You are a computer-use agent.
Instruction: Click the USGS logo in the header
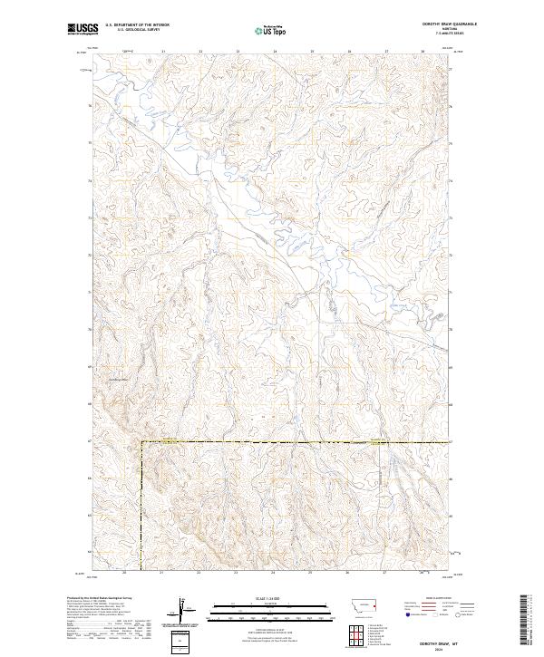[x=83, y=29]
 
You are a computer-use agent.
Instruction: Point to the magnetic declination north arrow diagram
[x=183, y=609]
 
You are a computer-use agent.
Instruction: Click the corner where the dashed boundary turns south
[x=141, y=442]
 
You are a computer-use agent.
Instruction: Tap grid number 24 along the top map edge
[x=275, y=52]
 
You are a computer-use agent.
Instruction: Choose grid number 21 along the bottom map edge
[x=161, y=573]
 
